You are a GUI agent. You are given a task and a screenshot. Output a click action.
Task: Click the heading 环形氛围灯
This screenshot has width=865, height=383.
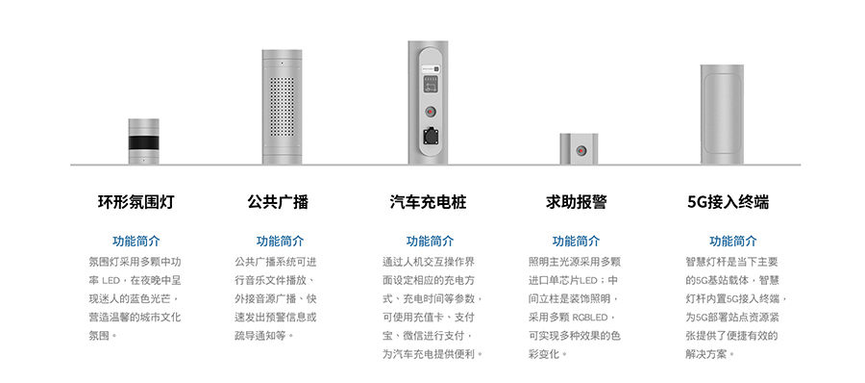(x=136, y=203)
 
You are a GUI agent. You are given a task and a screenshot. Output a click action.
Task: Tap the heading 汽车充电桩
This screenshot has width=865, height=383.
(x=429, y=203)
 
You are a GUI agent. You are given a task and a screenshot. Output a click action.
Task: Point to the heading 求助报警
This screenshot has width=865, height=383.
(x=576, y=203)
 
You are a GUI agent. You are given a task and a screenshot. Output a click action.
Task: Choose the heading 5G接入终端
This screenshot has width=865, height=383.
(x=728, y=203)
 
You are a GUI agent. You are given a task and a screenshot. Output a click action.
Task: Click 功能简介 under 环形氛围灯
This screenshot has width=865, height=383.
(x=136, y=242)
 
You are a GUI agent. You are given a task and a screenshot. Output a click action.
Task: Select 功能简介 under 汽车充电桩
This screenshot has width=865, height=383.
(x=430, y=242)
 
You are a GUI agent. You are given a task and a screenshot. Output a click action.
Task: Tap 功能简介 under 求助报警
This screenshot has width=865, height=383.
(x=576, y=242)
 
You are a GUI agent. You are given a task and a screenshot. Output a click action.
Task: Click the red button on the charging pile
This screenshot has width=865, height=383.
(x=429, y=112)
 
